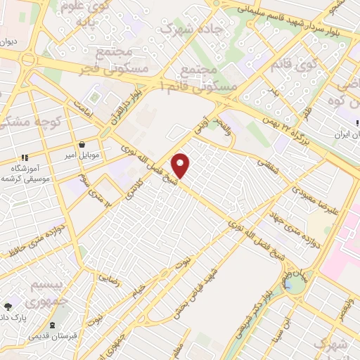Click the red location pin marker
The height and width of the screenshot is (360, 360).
[181, 165]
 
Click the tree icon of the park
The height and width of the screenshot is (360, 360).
[8, 307]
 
